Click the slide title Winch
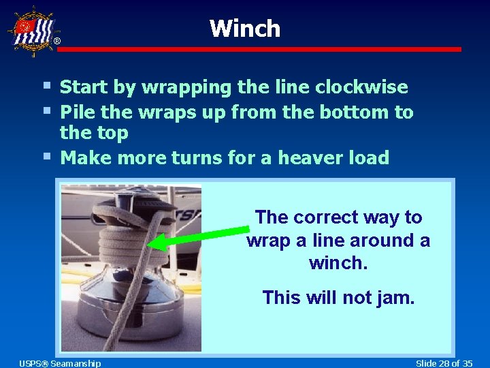pos(245,29)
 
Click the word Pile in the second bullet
pos(76,112)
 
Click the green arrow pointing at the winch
pos(198,234)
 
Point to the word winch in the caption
pos(338,263)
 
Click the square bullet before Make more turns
pos(45,156)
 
